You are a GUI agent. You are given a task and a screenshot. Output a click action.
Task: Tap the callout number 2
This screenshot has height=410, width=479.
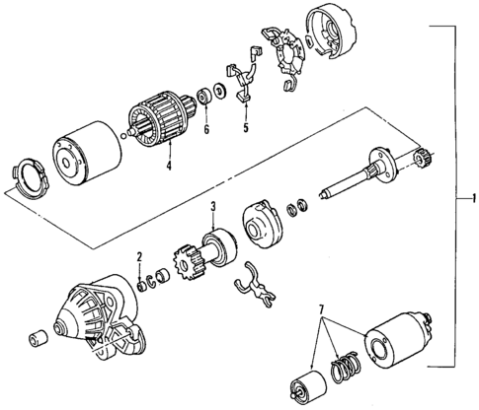tap(140, 258)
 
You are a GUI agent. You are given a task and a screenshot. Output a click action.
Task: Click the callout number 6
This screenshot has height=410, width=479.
tap(205, 128)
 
